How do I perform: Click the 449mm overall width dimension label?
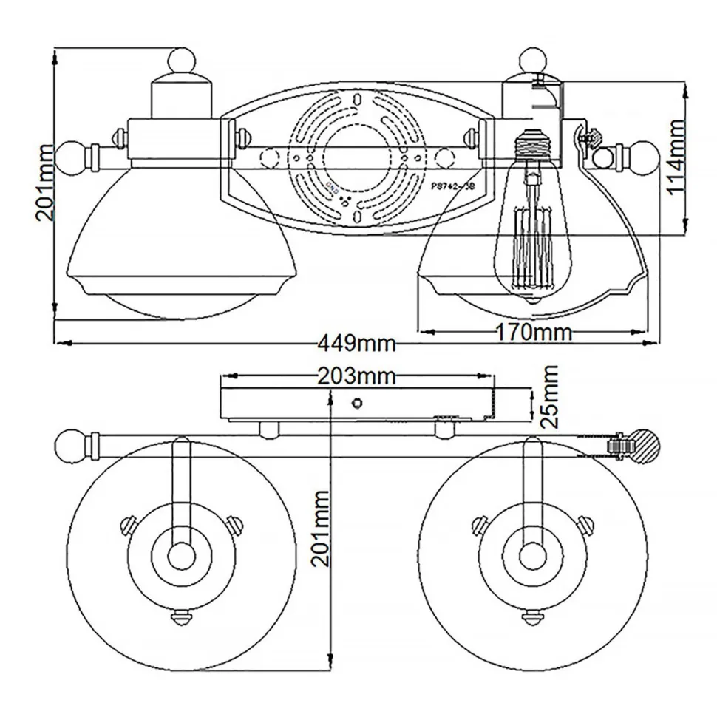coord(357,344)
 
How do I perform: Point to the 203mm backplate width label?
coord(357,376)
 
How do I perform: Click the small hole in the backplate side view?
coord(357,403)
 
